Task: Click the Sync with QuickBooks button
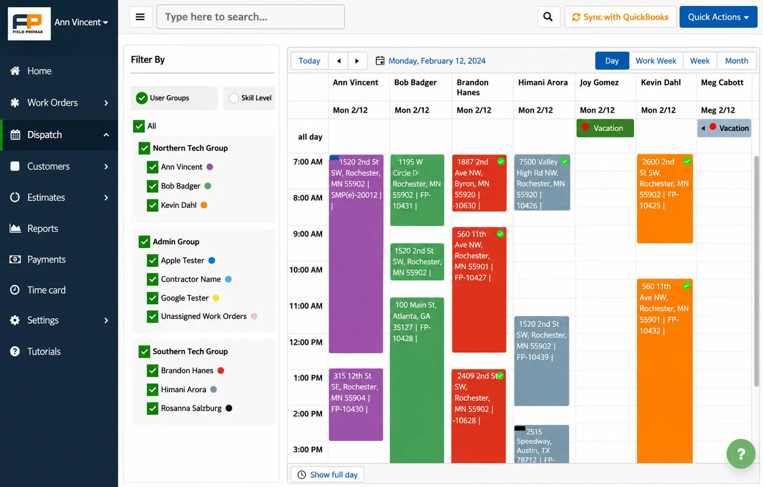(620, 17)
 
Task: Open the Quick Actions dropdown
(718, 17)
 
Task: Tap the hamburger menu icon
(141, 17)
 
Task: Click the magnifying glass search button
(548, 17)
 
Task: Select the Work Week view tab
(656, 61)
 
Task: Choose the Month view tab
(736, 61)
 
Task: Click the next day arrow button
(357, 61)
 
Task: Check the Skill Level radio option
(234, 98)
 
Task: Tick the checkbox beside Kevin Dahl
(153, 205)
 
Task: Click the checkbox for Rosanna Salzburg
(153, 408)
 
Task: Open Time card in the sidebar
(46, 290)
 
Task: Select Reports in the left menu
(43, 228)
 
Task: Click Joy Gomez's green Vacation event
(605, 128)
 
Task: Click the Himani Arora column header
(543, 82)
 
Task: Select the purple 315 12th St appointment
(356, 404)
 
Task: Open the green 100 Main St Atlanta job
(417, 380)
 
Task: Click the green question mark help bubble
(741, 453)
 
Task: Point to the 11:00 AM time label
(306, 306)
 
